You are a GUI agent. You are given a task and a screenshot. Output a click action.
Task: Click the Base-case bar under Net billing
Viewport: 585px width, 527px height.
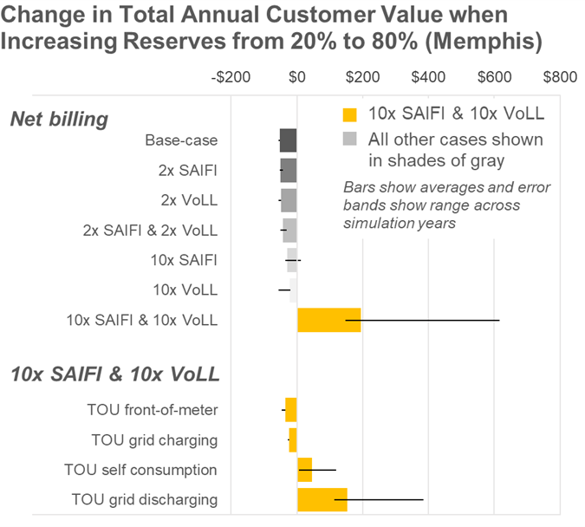click(289, 140)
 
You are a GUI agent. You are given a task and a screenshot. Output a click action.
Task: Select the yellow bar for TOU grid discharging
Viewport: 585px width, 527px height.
click(322, 499)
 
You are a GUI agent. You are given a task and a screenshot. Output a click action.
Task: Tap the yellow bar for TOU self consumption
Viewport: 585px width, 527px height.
click(305, 470)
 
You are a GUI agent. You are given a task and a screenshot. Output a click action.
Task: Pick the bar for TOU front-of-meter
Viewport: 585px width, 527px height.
click(291, 410)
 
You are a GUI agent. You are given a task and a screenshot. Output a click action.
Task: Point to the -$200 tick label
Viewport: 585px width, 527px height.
click(231, 76)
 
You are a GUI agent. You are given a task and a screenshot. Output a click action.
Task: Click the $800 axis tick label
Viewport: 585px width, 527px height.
click(560, 76)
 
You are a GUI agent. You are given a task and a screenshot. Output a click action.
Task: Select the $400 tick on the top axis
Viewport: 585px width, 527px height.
click(428, 76)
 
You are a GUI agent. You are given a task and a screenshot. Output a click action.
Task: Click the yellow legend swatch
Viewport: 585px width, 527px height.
click(350, 114)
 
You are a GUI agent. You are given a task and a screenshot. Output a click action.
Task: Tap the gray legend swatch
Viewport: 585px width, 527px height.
click(350, 139)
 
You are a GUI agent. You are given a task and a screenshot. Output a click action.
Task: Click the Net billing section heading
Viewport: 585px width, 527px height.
click(59, 120)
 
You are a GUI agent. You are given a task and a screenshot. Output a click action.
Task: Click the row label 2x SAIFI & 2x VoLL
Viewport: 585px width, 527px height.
click(150, 231)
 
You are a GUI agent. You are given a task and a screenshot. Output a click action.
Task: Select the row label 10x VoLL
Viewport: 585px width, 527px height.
click(185, 290)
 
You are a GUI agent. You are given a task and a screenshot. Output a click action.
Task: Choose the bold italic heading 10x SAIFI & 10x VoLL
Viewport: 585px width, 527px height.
click(114, 375)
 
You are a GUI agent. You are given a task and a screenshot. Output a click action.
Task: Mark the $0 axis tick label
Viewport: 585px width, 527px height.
click(296, 76)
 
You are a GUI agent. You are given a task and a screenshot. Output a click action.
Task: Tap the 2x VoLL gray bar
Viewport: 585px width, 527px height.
click(289, 200)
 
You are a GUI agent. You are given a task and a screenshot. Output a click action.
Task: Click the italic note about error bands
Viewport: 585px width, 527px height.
click(446, 205)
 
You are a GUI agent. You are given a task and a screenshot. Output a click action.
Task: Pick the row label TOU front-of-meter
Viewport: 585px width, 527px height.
click(153, 410)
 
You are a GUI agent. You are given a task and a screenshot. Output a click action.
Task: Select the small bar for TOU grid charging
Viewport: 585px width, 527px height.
click(293, 439)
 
